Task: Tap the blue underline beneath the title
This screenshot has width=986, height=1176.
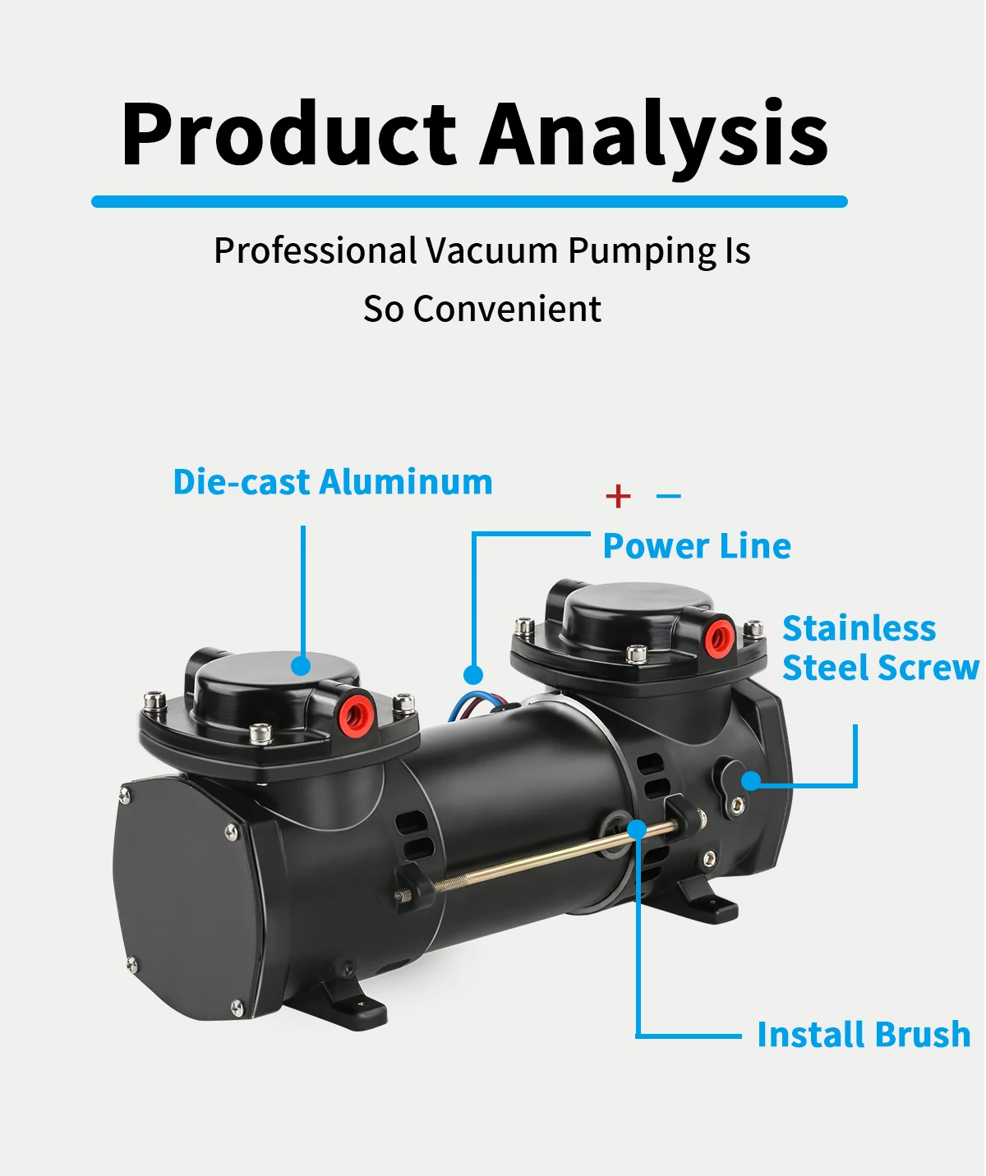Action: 469,201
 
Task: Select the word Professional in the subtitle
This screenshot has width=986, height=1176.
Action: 316,250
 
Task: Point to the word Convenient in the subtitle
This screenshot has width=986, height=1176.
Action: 507,309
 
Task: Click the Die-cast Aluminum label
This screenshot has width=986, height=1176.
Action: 333,482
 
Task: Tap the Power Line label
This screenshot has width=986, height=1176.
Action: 697,546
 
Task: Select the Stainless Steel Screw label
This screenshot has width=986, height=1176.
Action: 879,648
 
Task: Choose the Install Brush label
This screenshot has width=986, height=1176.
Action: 864,1035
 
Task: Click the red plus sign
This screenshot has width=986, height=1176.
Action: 618,496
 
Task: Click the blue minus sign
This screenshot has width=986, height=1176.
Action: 669,496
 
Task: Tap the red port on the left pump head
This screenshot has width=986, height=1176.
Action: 357,713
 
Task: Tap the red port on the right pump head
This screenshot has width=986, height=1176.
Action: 720,636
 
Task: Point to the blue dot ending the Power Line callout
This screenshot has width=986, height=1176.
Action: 472,675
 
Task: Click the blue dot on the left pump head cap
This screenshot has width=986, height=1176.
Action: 302,665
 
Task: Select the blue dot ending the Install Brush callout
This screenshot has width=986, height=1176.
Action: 637,829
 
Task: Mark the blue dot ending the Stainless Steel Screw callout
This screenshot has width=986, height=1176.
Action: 751,781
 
